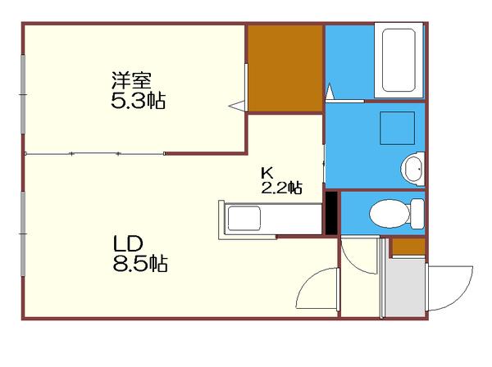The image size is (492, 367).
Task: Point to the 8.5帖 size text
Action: (140, 264)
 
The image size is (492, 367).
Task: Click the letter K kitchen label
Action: (266, 173)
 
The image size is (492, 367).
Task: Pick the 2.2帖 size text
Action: (281, 188)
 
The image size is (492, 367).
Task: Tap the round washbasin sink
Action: (412, 170)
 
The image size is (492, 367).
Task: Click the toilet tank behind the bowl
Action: (417, 213)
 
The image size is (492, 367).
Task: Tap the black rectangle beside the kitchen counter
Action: (331, 213)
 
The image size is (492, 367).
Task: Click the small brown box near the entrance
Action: (408, 246)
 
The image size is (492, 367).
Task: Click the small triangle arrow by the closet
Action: (237, 104)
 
